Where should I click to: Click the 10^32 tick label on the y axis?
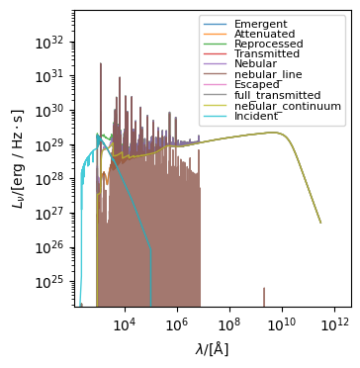(48, 42)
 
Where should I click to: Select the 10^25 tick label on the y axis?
(48, 283)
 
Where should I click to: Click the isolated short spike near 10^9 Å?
(264, 297)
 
